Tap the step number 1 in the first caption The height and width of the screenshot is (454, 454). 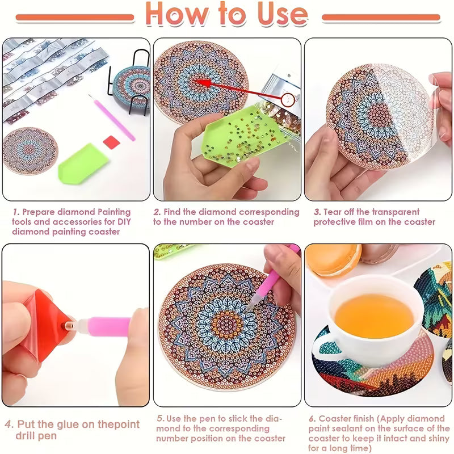(15, 212)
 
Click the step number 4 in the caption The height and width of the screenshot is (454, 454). (9, 424)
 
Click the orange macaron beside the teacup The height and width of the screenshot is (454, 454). (333, 260)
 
